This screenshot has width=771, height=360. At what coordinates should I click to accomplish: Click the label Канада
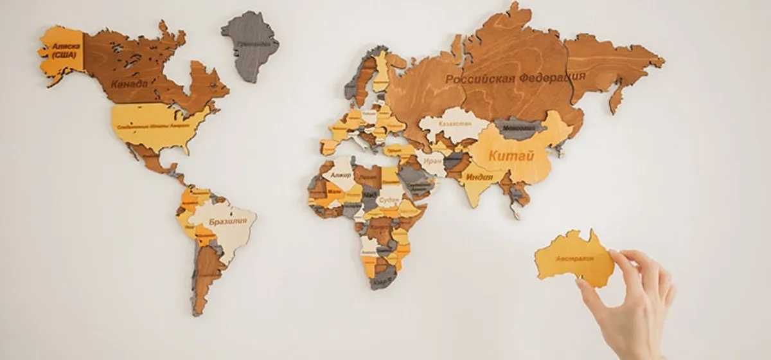[129, 84]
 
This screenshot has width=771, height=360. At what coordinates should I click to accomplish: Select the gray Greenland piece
[251, 45]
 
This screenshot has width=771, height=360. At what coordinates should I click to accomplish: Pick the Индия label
[479, 177]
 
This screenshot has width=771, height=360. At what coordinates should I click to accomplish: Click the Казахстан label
[455, 122]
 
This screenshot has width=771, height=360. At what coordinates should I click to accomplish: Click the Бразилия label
[225, 222]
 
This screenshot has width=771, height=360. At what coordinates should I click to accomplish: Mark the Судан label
[389, 199]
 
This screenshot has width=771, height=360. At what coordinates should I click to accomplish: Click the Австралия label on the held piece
[575, 259]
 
